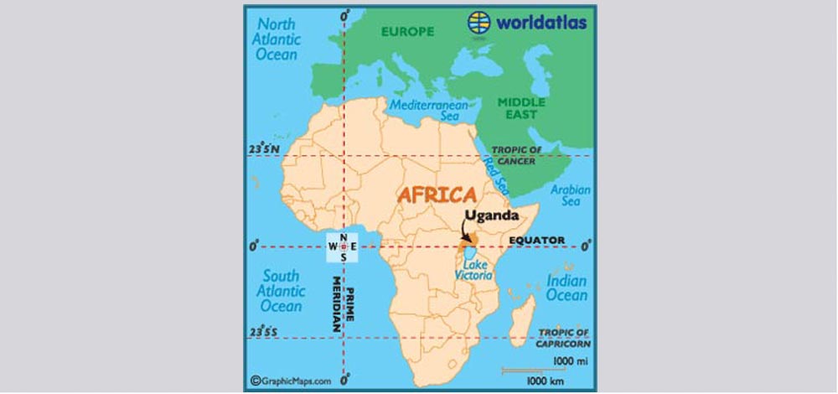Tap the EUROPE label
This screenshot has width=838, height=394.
[407, 32]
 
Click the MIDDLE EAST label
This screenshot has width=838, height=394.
[521, 107]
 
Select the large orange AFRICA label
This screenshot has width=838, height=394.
[437, 195]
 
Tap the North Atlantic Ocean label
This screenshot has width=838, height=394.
[277, 38]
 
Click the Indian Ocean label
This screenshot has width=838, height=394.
[566, 288]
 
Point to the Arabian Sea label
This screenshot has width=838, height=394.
[570, 196]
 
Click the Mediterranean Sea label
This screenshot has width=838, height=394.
[427, 111]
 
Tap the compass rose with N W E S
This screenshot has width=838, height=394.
[344, 246]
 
